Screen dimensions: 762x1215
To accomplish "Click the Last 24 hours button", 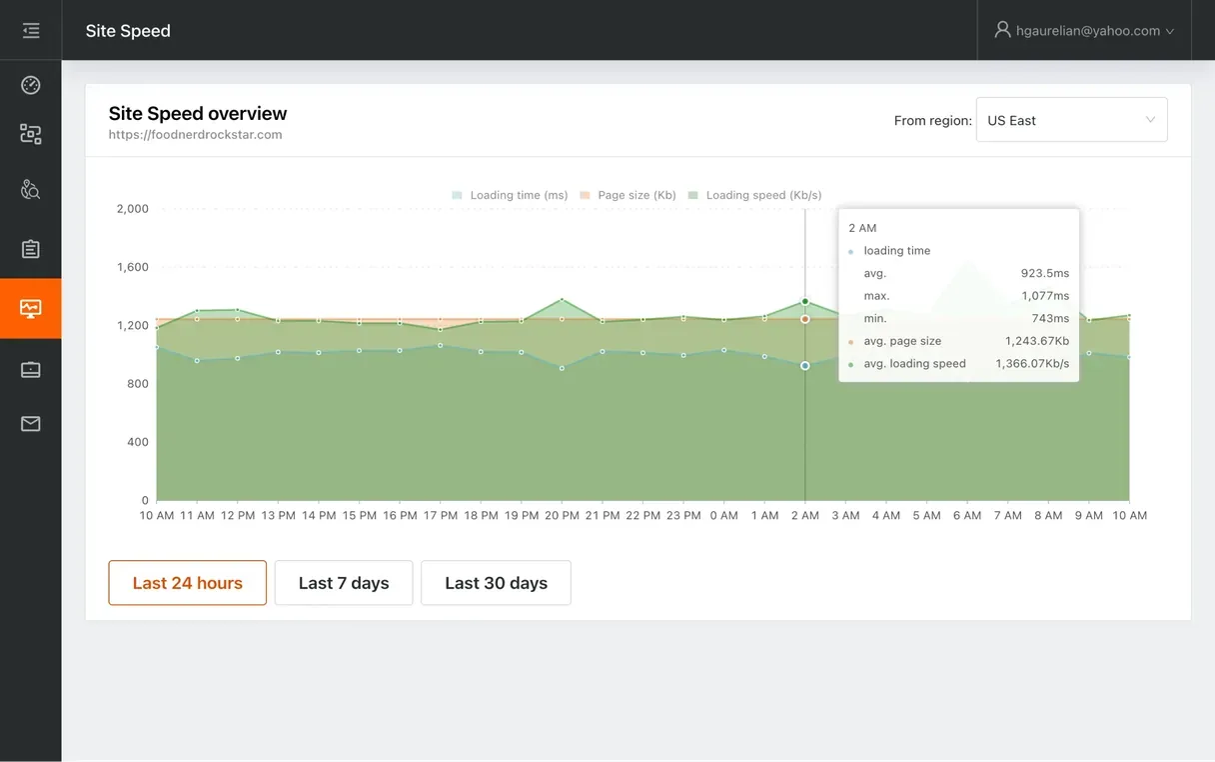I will (x=187, y=583).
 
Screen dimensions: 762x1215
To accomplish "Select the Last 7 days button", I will (x=344, y=583).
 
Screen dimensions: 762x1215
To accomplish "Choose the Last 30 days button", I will (x=496, y=583).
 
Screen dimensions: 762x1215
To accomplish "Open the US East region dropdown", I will (x=1071, y=120).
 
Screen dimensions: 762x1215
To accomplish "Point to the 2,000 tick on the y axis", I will (x=132, y=209).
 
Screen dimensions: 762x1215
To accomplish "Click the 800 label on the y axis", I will (x=137, y=384).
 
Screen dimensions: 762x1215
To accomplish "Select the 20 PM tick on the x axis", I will (x=562, y=516).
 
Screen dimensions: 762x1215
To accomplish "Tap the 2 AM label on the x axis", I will (x=804, y=516).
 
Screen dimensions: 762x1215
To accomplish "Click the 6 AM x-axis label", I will (x=966, y=516).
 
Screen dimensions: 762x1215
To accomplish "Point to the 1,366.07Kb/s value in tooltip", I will (x=1032, y=364).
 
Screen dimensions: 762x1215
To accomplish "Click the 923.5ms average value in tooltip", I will (x=1045, y=273).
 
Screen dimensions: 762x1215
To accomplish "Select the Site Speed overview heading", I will (x=198, y=114).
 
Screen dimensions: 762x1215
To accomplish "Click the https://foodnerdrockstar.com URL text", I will (x=196, y=135).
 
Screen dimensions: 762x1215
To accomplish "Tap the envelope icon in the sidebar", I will (x=31, y=424).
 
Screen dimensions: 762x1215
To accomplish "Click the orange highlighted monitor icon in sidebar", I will (x=31, y=309).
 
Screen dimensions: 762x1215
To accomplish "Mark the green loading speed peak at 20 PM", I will (x=562, y=299).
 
